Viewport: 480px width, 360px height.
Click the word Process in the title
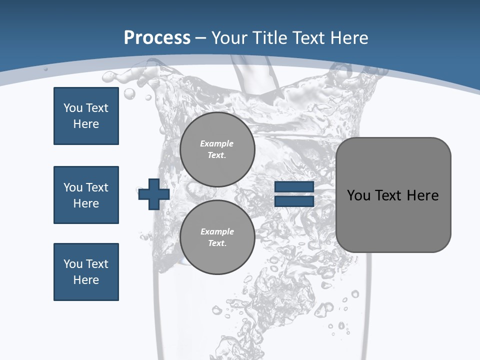coord(157,37)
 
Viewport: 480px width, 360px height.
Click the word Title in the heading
coord(271,37)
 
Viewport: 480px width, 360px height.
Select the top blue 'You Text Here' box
coord(86,116)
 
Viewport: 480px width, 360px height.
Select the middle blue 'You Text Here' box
coord(86,195)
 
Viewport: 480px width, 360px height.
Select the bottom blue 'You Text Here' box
coord(86,272)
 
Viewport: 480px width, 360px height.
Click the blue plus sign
coord(154,194)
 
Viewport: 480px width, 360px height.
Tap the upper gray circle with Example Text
coord(217,149)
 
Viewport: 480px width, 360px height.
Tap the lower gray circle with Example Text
coord(217,237)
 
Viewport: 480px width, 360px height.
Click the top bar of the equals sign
coord(294,187)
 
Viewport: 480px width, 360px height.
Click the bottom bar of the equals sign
coord(294,201)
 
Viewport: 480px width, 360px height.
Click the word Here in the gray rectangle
coord(422,195)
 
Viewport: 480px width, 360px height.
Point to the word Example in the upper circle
coord(217,143)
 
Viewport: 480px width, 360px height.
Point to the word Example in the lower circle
coord(217,231)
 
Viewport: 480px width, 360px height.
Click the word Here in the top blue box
coord(86,124)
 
